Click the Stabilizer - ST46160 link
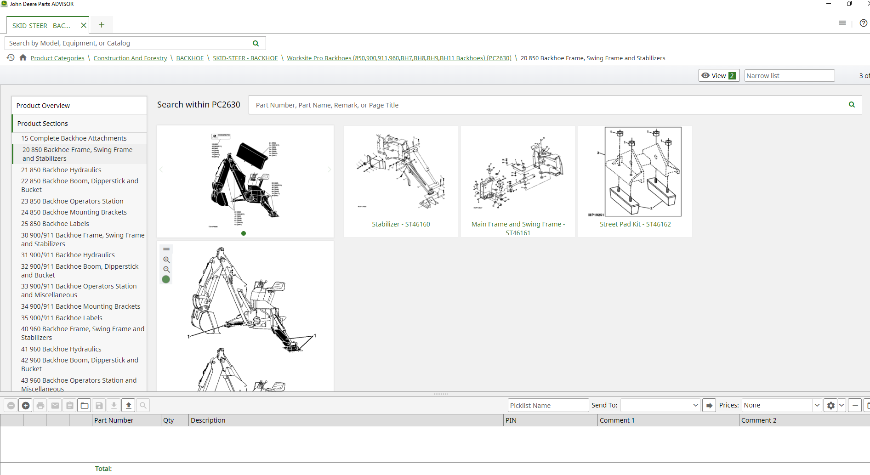click(401, 224)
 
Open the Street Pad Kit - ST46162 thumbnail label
click(635, 224)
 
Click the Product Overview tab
click(43, 106)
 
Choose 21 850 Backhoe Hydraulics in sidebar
click(61, 170)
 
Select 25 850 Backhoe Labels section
click(55, 224)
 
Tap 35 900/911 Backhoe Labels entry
click(62, 318)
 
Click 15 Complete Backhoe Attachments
click(74, 138)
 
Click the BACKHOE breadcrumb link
click(190, 58)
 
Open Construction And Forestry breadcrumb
click(130, 58)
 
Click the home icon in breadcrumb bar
click(23, 58)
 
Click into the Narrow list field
click(789, 76)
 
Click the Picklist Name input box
click(548, 406)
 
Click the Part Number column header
click(114, 420)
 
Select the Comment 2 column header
click(758, 420)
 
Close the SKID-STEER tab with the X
click(84, 25)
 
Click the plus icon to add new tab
click(102, 25)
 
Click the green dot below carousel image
click(244, 233)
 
